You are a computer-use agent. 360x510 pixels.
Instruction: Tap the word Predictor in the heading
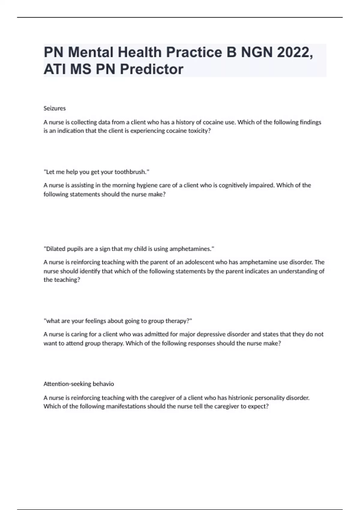pos(151,69)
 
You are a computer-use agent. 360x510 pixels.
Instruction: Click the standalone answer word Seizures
pos(55,108)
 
